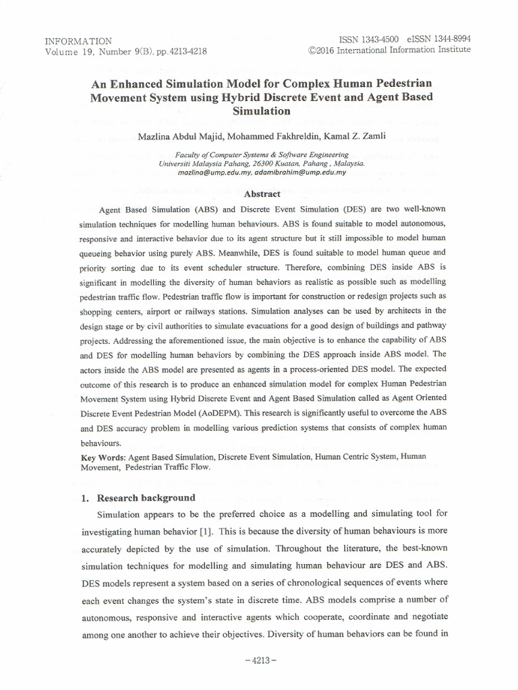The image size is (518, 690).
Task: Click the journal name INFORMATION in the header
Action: [x=78, y=41]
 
